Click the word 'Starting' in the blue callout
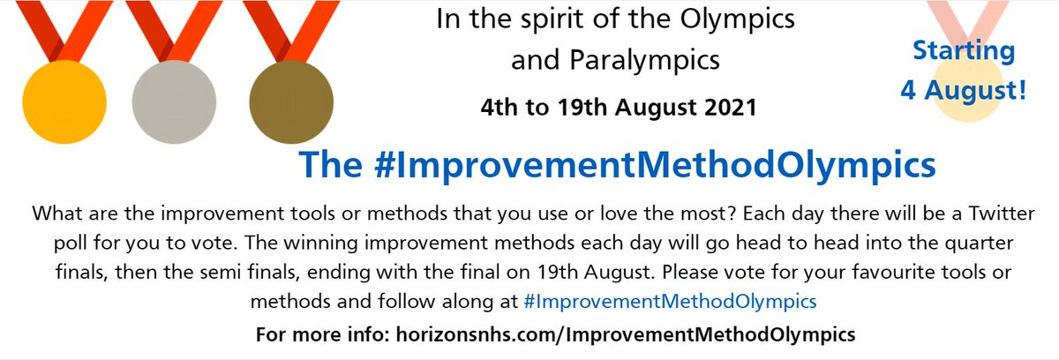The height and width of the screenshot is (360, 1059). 964,50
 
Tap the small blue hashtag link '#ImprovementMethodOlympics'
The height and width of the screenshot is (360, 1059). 669,301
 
